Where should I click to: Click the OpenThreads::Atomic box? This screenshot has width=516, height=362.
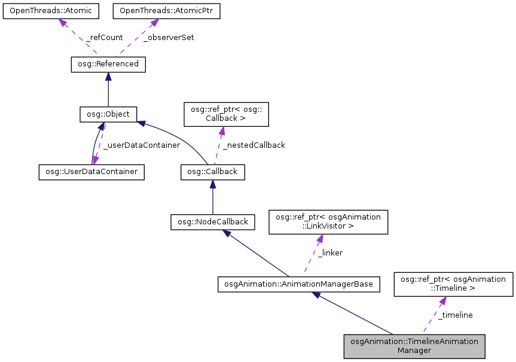(51, 11)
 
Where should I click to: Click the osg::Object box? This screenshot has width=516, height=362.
(108, 114)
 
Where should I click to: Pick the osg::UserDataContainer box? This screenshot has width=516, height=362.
(91, 172)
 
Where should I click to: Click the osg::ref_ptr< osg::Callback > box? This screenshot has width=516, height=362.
(225, 114)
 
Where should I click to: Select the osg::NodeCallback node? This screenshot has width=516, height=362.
(213, 222)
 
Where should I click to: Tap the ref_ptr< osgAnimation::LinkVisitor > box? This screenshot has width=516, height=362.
(328, 221)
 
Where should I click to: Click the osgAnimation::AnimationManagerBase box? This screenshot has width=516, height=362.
(299, 284)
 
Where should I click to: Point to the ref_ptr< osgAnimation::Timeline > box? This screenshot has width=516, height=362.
(453, 284)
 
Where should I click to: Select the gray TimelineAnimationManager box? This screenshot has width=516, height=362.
(414, 346)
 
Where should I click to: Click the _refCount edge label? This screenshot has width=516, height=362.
(104, 37)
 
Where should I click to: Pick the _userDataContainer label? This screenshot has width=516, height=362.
(141, 145)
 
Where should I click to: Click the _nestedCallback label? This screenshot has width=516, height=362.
(254, 145)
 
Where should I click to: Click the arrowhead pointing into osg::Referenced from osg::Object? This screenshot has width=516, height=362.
(108, 77)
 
